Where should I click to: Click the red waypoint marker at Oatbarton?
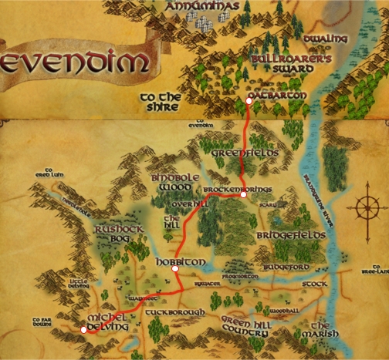249,101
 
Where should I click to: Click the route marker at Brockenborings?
243,194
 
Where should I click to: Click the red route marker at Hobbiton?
175,269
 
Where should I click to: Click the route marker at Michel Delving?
83,330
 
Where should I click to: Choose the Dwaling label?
326,39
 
